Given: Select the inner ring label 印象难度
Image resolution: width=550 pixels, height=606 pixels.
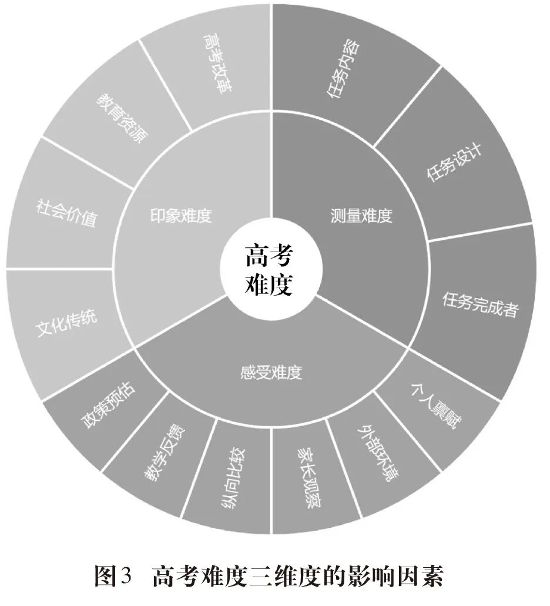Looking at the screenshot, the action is point(180,216).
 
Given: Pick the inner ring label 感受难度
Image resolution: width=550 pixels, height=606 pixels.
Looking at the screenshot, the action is point(271,372).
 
